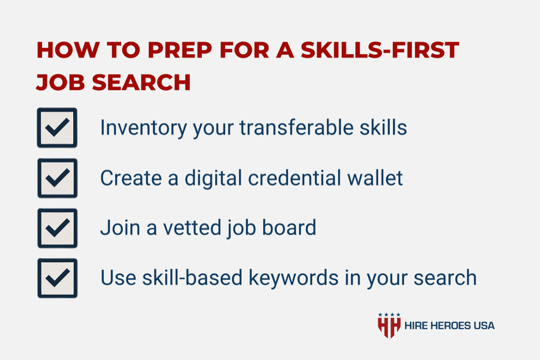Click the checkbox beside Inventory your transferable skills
tap(57, 128)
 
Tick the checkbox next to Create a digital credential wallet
tap(57, 178)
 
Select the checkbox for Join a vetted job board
tap(57, 228)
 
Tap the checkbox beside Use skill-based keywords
tap(57, 278)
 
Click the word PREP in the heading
tap(179, 50)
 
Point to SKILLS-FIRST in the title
tap(380, 50)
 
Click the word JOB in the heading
tap(60, 82)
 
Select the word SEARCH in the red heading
tap(141, 82)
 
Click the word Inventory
tap(143, 128)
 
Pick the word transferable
tap(297, 127)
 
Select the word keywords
tap(294, 278)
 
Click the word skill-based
tap(193, 277)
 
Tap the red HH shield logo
tap(389, 328)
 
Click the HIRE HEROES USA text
tap(449, 325)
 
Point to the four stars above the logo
tap(389, 314)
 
